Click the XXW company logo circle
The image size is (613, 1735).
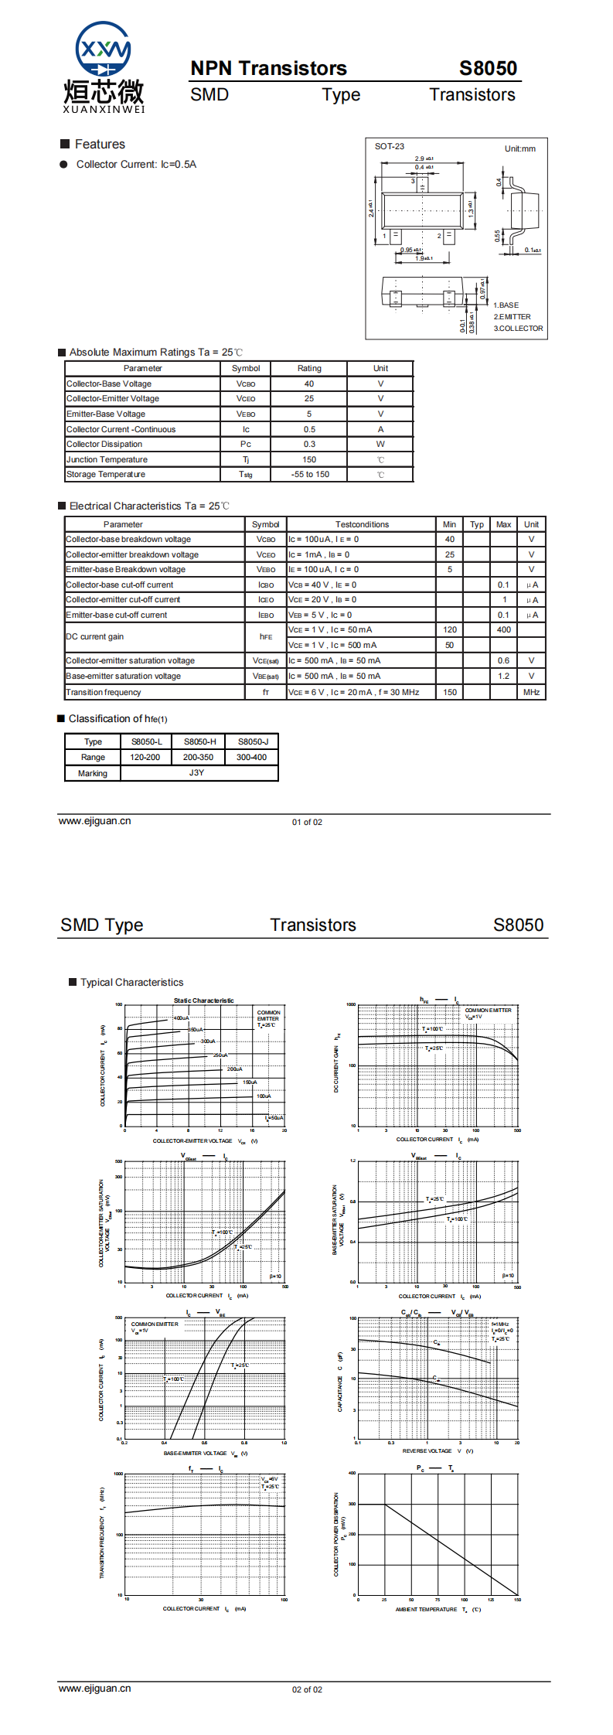click(x=103, y=49)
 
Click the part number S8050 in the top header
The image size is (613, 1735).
click(x=488, y=68)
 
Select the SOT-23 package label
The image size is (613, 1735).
click(x=390, y=146)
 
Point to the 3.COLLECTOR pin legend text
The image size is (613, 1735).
click(x=518, y=329)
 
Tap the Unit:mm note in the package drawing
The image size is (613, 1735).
click(x=519, y=148)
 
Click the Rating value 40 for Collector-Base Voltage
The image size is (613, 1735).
click(x=309, y=383)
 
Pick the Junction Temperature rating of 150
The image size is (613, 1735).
click(x=309, y=459)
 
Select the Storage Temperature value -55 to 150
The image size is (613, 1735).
click(x=310, y=475)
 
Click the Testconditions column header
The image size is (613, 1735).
click(x=362, y=524)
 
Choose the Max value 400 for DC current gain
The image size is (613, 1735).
click(x=504, y=629)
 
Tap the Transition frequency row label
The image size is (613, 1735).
click(x=104, y=692)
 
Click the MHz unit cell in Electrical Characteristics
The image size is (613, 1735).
click(x=531, y=692)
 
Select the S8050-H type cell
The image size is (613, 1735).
click(x=199, y=741)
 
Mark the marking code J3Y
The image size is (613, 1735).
click(x=197, y=772)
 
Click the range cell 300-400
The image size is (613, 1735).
click(x=252, y=757)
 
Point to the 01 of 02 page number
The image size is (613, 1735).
click(x=307, y=822)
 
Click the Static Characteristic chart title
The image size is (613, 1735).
click(x=203, y=1000)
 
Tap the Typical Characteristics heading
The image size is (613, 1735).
click(x=132, y=982)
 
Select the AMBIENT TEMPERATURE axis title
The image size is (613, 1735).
click(x=427, y=1609)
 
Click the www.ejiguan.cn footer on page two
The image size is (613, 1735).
click(x=95, y=1688)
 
